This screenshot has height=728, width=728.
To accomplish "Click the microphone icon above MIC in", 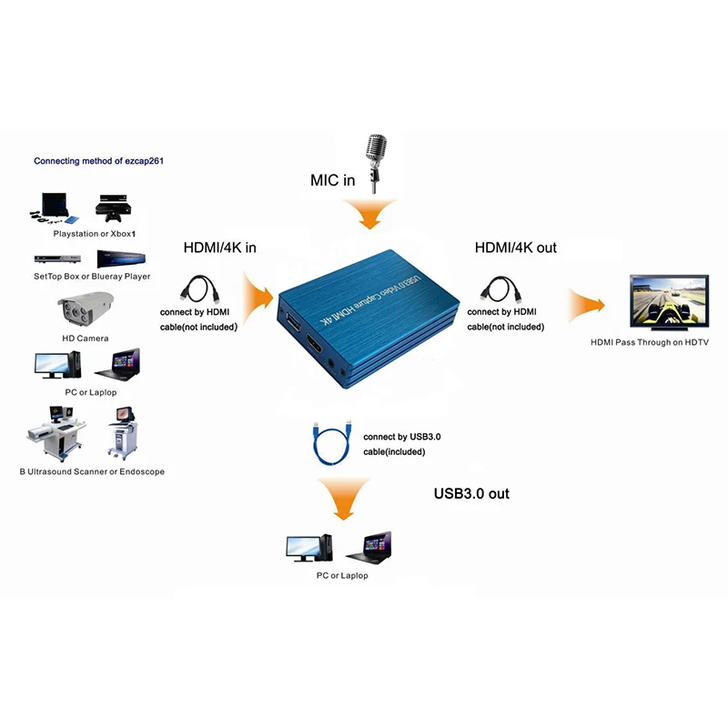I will point(375,160).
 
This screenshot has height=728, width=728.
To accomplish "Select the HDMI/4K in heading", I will point(219,247).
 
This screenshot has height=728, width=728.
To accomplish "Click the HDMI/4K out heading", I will point(516,247).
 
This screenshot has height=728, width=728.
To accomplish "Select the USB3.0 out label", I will point(471,493).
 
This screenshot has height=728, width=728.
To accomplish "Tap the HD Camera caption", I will point(86,339).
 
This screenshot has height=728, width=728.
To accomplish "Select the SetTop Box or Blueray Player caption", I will point(92,276).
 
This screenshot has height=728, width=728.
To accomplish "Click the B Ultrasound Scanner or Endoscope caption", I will point(92,472).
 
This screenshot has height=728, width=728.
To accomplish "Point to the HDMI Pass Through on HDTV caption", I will point(650,342).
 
